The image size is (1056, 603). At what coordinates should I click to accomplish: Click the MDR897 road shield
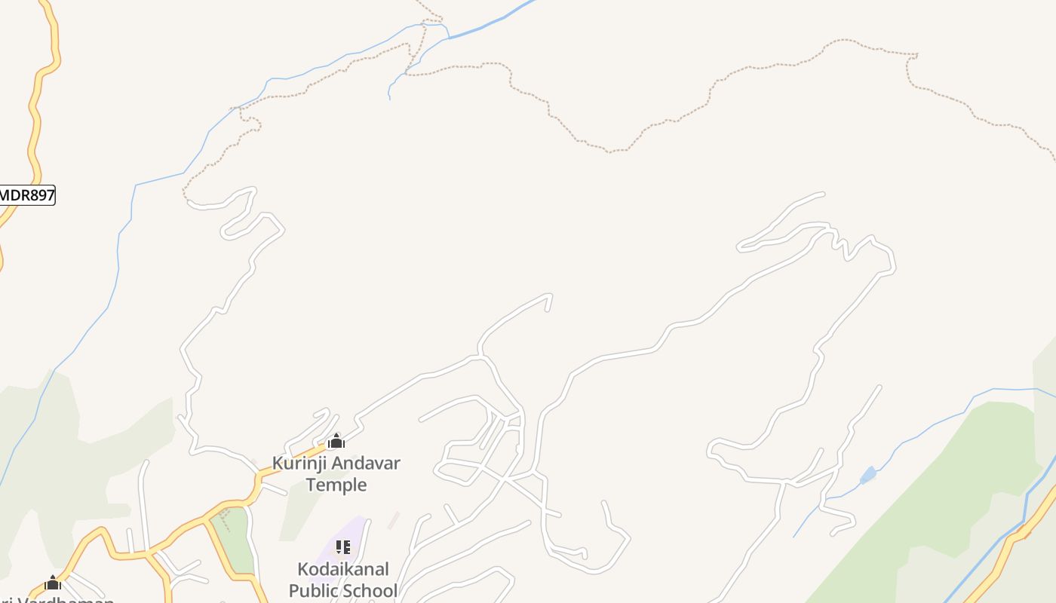click(27, 195)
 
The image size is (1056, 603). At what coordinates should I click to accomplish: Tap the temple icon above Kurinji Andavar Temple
click(336, 441)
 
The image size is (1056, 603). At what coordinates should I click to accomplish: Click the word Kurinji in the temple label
click(295, 464)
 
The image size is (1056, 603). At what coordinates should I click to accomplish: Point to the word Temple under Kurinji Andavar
click(336, 485)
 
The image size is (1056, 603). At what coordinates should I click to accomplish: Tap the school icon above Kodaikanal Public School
click(343, 547)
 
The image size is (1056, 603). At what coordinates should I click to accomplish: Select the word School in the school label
click(370, 590)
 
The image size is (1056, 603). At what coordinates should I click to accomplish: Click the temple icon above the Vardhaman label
click(53, 583)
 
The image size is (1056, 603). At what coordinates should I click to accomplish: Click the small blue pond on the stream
click(868, 475)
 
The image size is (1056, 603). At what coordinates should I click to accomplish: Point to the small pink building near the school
click(393, 520)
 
